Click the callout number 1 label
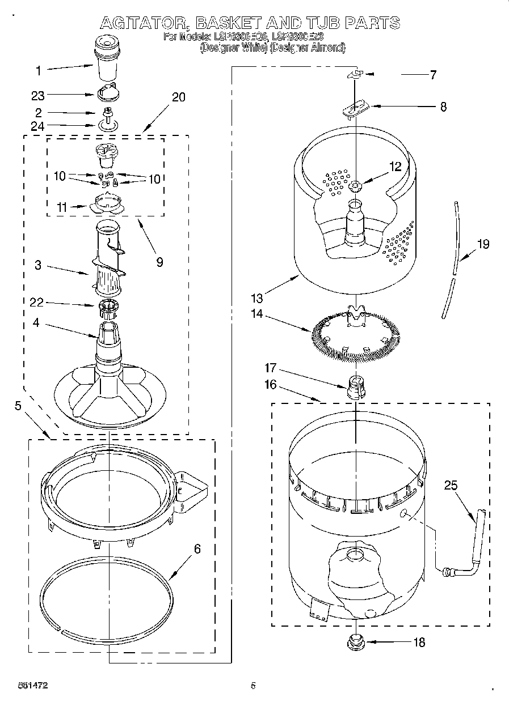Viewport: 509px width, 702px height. coord(38,71)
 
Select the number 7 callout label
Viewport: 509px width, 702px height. coord(432,75)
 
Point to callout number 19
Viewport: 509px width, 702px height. coord(483,245)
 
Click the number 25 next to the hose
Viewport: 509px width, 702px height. coord(451,486)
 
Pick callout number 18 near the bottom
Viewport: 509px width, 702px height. coord(419,643)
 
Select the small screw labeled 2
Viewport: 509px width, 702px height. coord(106,113)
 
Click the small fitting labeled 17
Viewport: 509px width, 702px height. coord(355,388)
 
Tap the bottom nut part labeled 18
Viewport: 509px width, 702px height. coord(355,642)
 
